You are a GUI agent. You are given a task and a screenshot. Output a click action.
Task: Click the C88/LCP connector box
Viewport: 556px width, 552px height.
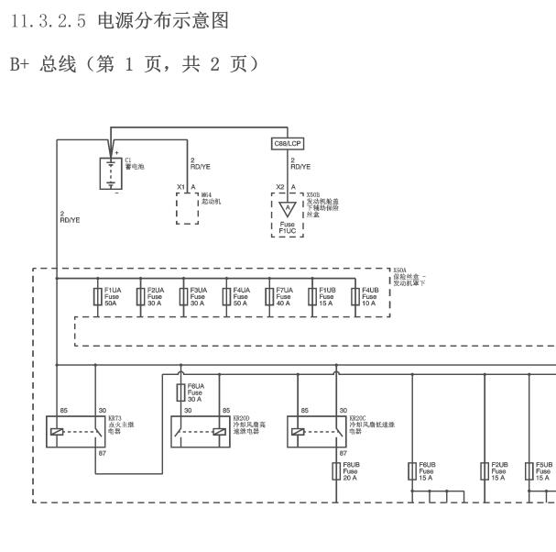289,145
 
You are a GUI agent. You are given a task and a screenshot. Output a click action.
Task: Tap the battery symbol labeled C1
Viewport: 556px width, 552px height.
110,172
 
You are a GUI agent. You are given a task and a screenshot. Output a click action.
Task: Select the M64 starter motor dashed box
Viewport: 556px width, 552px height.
187,208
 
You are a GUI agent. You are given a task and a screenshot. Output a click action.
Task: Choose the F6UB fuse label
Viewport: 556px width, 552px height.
428,471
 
